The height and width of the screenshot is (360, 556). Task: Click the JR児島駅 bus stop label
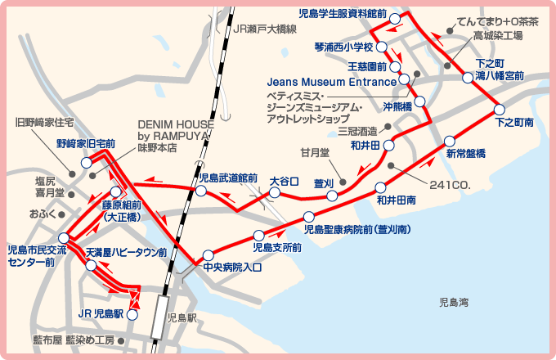(x=100, y=313)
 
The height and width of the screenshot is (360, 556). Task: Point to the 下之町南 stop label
(x=514, y=122)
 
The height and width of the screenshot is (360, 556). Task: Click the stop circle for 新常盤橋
(x=448, y=140)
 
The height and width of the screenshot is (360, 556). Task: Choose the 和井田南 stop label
(x=397, y=199)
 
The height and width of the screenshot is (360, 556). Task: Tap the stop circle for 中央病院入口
(x=208, y=254)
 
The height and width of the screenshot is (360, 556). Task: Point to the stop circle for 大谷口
(x=275, y=193)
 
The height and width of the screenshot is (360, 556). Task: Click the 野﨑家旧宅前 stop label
(x=85, y=142)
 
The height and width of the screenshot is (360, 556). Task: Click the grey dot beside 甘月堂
(x=343, y=181)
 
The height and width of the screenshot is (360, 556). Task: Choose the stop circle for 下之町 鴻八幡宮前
(x=468, y=78)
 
